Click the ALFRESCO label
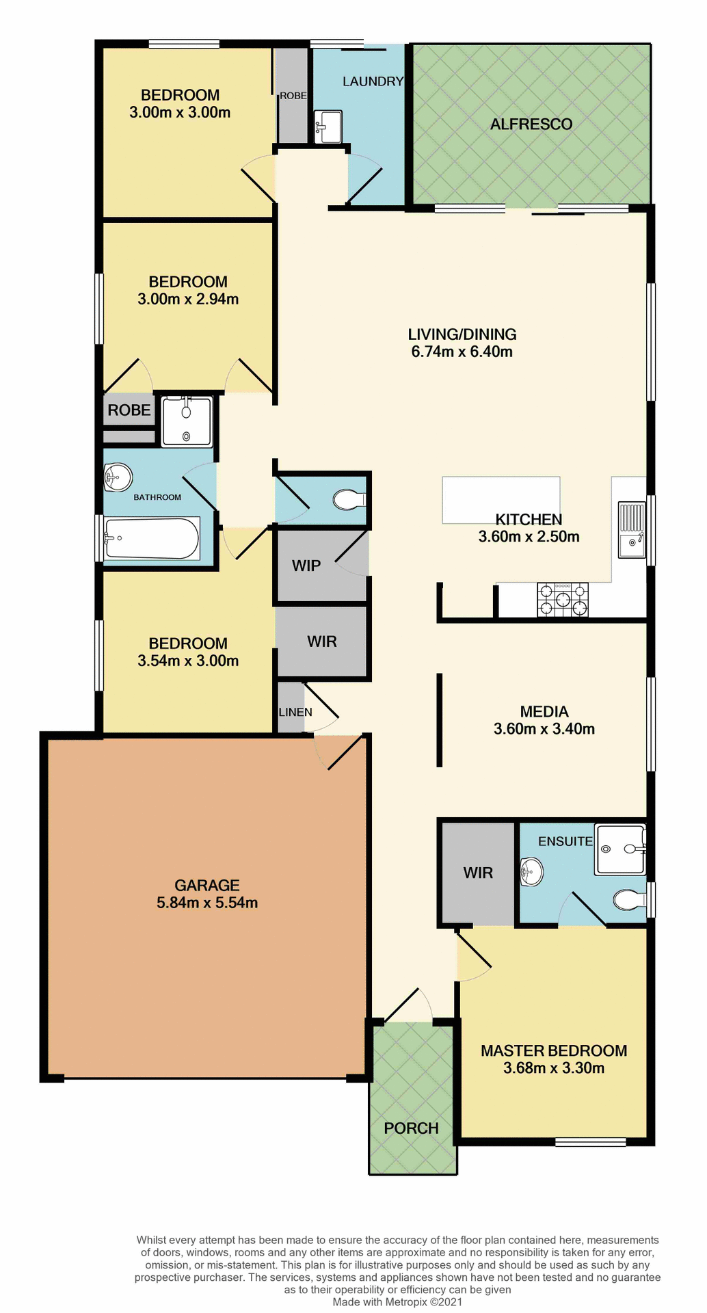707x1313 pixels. point(531,124)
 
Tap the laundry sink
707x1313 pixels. point(328,127)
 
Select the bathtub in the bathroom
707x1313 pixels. point(152,539)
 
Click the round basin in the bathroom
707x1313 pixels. point(118,477)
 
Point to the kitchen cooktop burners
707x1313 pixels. point(562,600)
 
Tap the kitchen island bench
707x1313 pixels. point(501,499)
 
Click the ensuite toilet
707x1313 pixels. point(627,899)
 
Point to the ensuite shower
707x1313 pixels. point(620,849)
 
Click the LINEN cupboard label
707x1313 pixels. point(295,712)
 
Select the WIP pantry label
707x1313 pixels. point(306,566)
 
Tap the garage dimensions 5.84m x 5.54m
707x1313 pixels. point(207,903)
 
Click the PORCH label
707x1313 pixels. point(411,1128)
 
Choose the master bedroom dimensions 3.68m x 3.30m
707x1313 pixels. point(554,1068)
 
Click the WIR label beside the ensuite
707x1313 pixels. point(478,873)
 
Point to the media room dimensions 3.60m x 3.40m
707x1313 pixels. point(544,729)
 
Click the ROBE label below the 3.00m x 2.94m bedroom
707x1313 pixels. point(129,410)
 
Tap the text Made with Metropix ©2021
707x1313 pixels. point(397,1302)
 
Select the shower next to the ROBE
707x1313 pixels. point(187,422)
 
